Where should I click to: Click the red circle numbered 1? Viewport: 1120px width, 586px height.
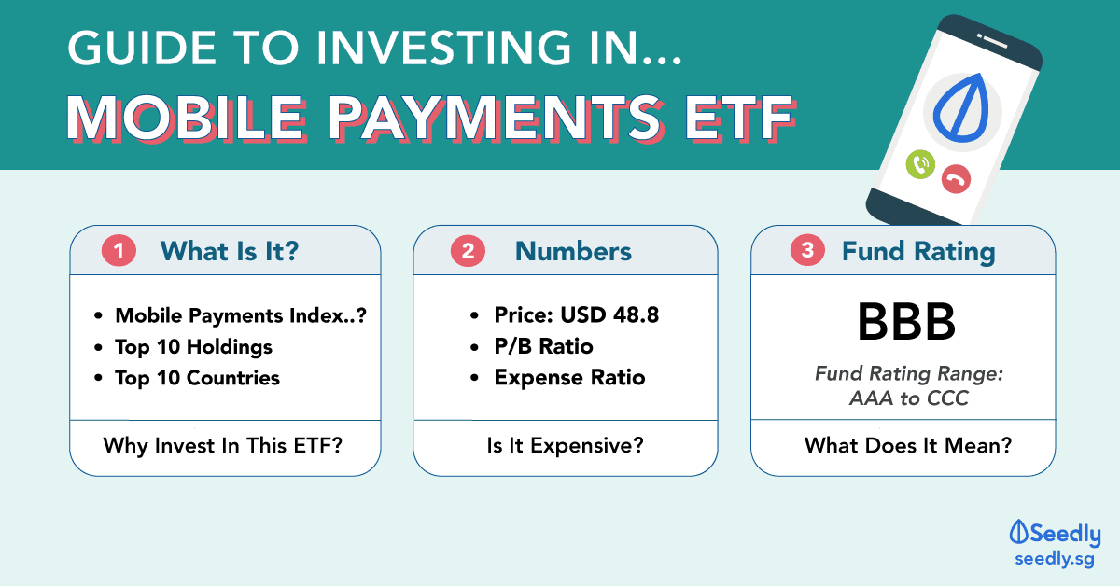(x=119, y=250)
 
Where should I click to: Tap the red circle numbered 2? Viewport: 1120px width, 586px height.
(x=468, y=250)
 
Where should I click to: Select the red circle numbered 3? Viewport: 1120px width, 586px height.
(x=807, y=250)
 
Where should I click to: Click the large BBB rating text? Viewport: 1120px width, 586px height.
(x=906, y=322)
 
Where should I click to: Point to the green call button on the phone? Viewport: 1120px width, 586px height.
(x=920, y=164)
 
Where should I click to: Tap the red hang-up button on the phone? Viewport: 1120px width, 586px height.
(x=956, y=179)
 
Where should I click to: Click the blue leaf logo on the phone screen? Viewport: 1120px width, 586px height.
(x=962, y=107)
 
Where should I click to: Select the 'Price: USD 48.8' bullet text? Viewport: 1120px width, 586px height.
(x=577, y=315)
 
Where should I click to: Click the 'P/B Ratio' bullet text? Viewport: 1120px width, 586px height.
(x=543, y=346)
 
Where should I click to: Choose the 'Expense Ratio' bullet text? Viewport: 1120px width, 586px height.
(x=569, y=378)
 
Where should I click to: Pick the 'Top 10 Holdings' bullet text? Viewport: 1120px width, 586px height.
(x=193, y=347)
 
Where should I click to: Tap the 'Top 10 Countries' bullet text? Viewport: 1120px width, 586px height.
(x=197, y=378)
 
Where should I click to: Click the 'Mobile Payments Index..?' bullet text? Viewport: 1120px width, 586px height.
(x=241, y=315)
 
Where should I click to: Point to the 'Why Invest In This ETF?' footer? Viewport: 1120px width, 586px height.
(x=223, y=445)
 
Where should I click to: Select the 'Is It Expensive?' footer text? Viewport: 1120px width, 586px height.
(x=565, y=445)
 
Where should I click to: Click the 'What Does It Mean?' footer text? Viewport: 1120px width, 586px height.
(x=908, y=445)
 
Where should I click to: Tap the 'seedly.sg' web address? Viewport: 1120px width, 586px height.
(x=1055, y=559)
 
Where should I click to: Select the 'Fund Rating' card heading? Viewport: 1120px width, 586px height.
(x=918, y=251)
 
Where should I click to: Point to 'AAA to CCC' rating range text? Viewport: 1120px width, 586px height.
(x=908, y=398)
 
